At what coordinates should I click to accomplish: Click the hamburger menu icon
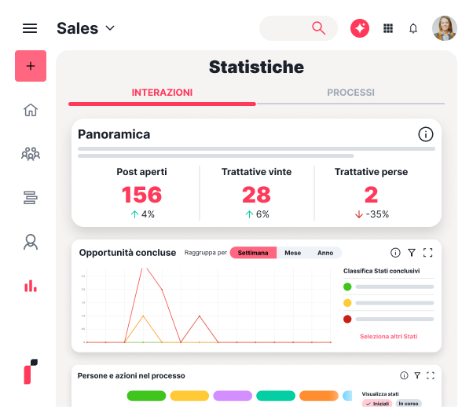click(x=30, y=28)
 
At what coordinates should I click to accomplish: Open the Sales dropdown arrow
click(x=110, y=28)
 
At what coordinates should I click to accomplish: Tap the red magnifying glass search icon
click(x=318, y=28)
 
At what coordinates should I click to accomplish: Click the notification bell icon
click(x=413, y=28)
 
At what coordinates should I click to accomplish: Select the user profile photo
click(x=444, y=28)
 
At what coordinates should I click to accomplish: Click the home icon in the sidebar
click(x=31, y=110)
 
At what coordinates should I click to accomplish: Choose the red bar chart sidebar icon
click(x=31, y=286)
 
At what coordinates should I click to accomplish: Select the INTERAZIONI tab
click(x=162, y=93)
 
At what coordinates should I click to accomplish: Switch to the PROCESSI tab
click(x=350, y=93)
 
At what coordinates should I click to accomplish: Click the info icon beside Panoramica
click(x=426, y=134)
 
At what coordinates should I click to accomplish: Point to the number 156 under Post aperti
click(x=141, y=194)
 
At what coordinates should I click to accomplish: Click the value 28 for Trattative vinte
click(x=256, y=194)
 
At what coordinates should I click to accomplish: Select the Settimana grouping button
click(x=253, y=253)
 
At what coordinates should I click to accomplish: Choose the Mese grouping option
click(x=292, y=253)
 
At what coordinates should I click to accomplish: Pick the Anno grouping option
click(x=325, y=253)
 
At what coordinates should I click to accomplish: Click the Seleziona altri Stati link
click(x=388, y=336)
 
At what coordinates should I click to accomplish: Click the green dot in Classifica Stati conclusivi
click(x=347, y=287)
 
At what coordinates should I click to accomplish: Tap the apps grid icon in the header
click(x=387, y=28)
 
